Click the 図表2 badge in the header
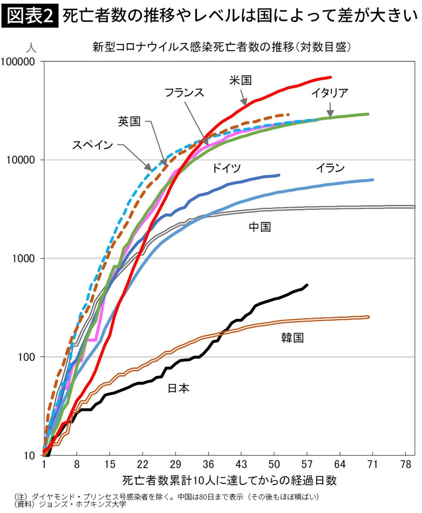pyautogui.click(x=30, y=16)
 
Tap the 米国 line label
pyautogui.click(x=241, y=80)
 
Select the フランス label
pyautogui.click(x=184, y=93)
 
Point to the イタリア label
pyautogui.click(x=330, y=93)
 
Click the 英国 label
pyautogui.click(x=129, y=121)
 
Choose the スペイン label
pyautogui.click(x=92, y=145)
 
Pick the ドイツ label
pyautogui.click(x=226, y=168)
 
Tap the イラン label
pyautogui.click(x=330, y=168)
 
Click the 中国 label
pyautogui.click(x=260, y=227)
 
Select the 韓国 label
pyautogui.click(x=292, y=338)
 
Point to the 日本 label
pyautogui.click(x=178, y=388)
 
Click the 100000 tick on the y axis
pyautogui.click(x=18, y=62)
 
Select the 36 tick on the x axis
pyautogui.click(x=208, y=464)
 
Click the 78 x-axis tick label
pyautogui.click(x=405, y=464)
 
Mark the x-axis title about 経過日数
pyautogui.click(x=230, y=480)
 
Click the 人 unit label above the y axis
pyautogui.click(x=31, y=47)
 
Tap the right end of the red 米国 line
pyautogui.click(x=330, y=77)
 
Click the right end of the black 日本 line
pyautogui.click(x=307, y=285)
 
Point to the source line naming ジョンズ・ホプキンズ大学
pyautogui.click(x=70, y=504)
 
